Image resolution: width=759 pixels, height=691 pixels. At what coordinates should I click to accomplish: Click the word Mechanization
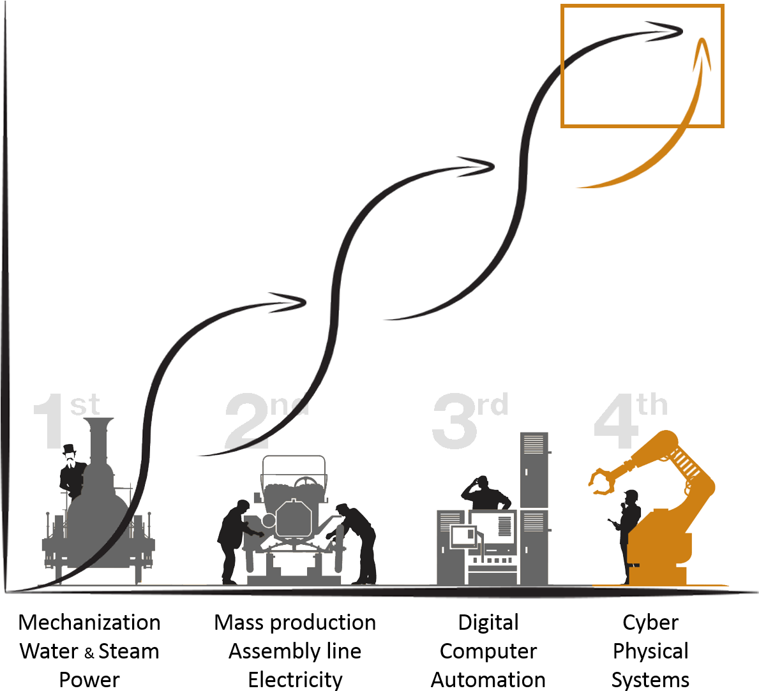(x=89, y=622)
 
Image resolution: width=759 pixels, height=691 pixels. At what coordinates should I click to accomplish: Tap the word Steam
(x=129, y=651)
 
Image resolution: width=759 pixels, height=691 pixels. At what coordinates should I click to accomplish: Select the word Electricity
(x=296, y=680)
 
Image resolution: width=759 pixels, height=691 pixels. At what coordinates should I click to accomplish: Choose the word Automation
(x=488, y=680)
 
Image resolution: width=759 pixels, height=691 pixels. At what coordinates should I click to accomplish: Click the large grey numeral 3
(x=455, y=421)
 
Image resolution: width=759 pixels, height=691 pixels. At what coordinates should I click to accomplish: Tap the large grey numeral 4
(x=616, y=421)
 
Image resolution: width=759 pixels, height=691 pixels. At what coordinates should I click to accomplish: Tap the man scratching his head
(x=485, y=493)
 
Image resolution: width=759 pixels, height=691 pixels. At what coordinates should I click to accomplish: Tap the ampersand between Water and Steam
(x=89, y=653)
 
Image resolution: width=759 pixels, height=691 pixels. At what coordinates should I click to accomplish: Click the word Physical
(x=650, y=652)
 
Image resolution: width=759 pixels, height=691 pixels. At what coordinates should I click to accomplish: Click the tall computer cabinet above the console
(x=534, y=470)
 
